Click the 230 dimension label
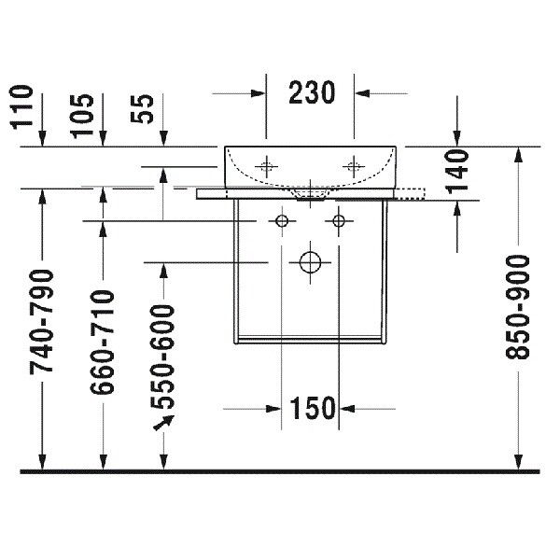point(312,92)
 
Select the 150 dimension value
point(312,408)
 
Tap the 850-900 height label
point(517,307)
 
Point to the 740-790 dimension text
point(41,321)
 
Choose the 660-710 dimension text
point(102,343)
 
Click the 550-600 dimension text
point(162,357)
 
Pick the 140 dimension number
point(457,172)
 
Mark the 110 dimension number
point(21,106)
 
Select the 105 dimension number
point(82,116)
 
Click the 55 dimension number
point(142,109)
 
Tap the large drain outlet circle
point(310,262)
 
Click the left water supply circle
point(282,221)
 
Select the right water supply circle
point(339,221)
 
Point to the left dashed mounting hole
point(266,166)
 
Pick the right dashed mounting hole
point(354,166)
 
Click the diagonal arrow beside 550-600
point(163,422)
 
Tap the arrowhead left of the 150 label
point(273,409)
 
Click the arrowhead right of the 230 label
point(362,93)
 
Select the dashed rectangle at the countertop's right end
point(410,193)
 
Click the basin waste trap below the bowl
point(310,193)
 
